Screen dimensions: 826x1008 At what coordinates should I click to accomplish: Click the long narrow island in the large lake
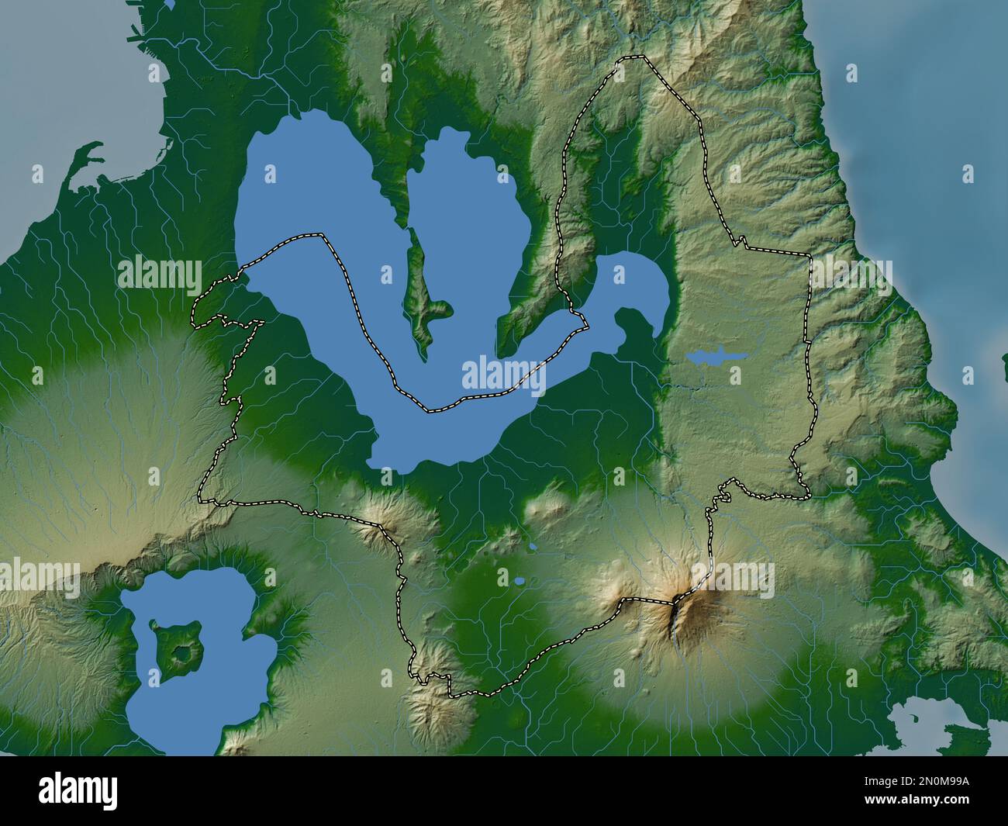pyautogui.click(x=420, y=295)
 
